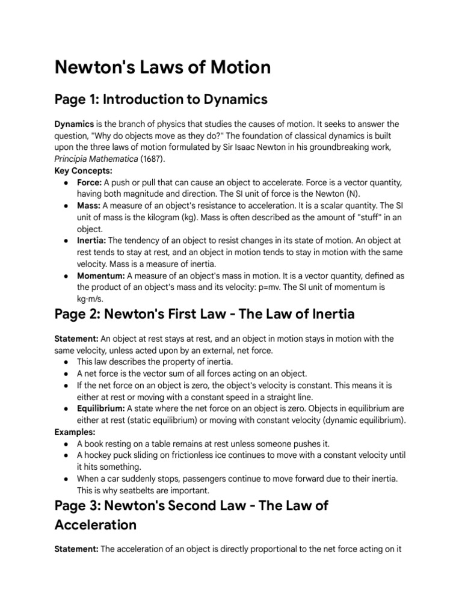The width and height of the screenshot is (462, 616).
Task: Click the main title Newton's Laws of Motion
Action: pos(162,67)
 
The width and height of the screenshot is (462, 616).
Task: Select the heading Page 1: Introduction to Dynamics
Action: pos(161,99)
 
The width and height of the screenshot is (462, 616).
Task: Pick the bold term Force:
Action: pos(89,182)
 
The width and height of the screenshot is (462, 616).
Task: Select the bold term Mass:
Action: pos(88,206)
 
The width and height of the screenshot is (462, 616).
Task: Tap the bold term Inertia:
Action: pos(90,240)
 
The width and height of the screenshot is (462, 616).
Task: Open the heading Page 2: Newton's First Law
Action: pos(205,314)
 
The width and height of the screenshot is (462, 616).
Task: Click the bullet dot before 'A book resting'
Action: pos(65,443)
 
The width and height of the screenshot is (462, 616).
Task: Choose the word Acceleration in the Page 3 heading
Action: pos(95,525)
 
